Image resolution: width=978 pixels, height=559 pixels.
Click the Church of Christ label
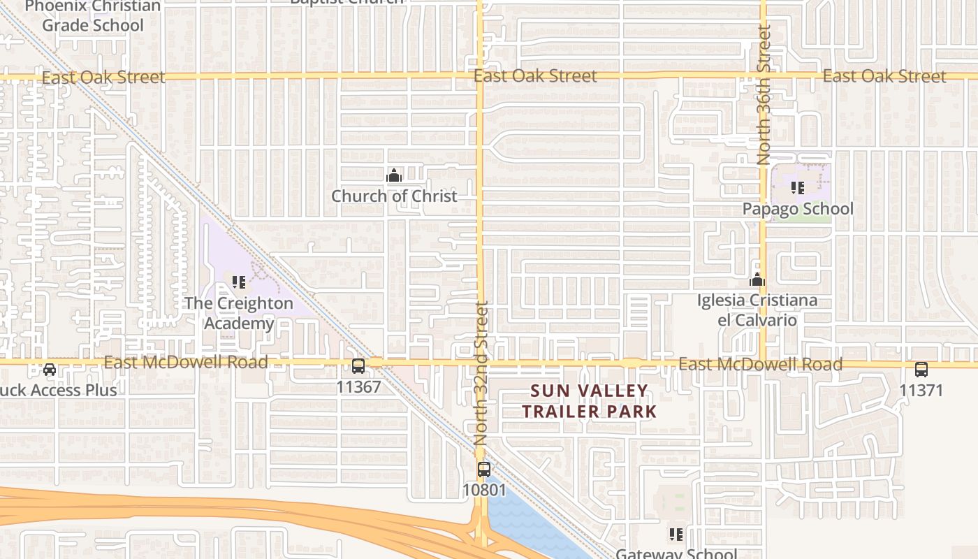click(394, 196)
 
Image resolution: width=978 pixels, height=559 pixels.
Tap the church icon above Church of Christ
click(394, 175)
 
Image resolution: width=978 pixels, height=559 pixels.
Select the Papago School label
click(797, 209)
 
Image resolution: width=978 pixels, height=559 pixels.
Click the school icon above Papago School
click(797, 188)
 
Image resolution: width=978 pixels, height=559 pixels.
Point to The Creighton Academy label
click(239, 313)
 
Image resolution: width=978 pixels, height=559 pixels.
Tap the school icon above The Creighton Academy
click(239, 282)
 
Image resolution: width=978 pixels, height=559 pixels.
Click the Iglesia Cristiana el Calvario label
click(757, 310)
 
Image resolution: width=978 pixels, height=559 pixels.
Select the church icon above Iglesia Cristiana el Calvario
click(757, 280)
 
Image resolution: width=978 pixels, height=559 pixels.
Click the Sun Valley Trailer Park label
click(590, 401)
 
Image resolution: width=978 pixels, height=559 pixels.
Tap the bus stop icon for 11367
click(358, 365)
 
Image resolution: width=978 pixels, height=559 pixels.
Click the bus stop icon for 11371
click(921, 370)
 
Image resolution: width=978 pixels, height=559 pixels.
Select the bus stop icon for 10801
click(484, 469)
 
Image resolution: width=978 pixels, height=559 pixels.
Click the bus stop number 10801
click(484, 490)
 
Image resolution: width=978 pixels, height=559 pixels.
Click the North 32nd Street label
click(481, 373)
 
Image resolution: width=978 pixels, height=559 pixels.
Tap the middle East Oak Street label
click(535, 76)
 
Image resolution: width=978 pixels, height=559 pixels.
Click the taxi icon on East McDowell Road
click(50, 369)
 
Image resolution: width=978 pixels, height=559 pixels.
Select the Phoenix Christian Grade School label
click(93, 16)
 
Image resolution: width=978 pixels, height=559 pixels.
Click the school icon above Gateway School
click(676, 535)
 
